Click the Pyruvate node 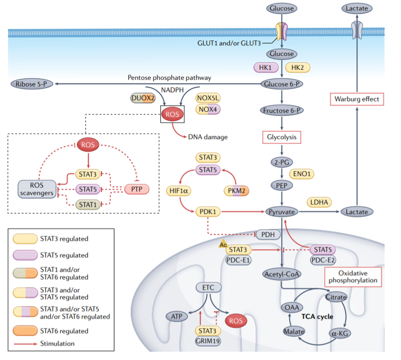pyautogui.click(x=282, y=212)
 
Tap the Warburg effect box pyautogui.click(x=357, y=99)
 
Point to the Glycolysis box pyautogui.click(x=282, y=136)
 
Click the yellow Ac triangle pyautogui.click(x=222, y=244)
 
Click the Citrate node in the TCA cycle pyautogui.click(x=335, y=297)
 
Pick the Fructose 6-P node pyautogui.click(x=282, y=110)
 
